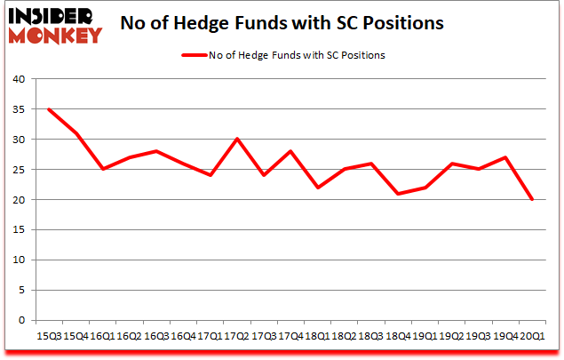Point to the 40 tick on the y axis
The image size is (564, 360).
pyautogui.click(x=17, y=79)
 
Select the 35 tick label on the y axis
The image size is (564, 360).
pyautogui.click(x=17, y=109)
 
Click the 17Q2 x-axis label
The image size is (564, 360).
pyautogui.click(x=236, y=337)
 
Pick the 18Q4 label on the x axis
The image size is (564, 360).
pyautogui.click(x=398, y=337)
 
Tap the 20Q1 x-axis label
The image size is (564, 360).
pyautogui.click(x=534, y=337)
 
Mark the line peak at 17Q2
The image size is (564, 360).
pyautogui.click(x=237, y=139)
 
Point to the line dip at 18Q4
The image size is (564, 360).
pyautogui.click(x=399, y=194)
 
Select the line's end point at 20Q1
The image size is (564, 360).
pyautogui.click(x=534, y=200)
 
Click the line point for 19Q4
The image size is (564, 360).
pyautogui.click(x=507, y=157)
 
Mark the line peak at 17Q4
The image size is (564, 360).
pyautogui.click(x=290, y=151)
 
